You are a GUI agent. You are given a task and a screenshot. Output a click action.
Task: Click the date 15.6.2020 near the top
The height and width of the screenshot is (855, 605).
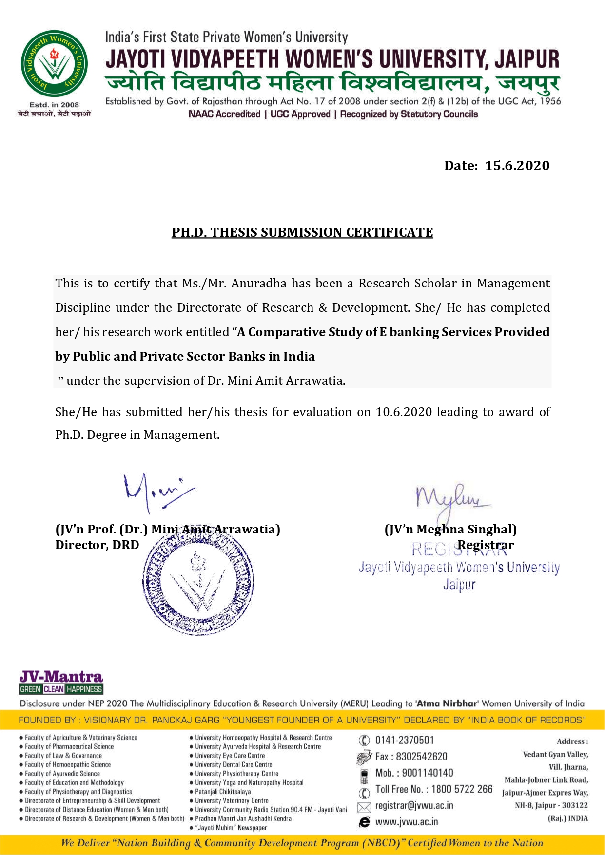(x=517, y=166)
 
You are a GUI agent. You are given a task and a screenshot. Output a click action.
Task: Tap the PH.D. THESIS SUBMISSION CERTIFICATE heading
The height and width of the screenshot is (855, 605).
(x=302, y=232)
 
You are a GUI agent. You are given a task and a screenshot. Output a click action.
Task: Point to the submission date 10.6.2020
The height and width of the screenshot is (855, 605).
(x=404, y=412)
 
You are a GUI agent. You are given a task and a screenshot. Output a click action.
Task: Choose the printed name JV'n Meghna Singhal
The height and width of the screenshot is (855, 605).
(x=450, y=530)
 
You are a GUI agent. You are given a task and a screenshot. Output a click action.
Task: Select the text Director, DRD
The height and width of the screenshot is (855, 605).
(x=97, y=545)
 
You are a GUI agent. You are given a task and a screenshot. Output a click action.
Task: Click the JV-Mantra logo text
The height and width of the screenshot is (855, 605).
(x=61, y=677)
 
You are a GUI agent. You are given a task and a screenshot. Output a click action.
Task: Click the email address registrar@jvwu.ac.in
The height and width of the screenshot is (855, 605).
(x=414, y=806)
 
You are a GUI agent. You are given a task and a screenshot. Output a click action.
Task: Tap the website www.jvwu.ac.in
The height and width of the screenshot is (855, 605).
(x=406, y=822)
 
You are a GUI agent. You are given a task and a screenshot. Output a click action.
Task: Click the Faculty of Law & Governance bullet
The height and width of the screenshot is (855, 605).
(x=63, y=756)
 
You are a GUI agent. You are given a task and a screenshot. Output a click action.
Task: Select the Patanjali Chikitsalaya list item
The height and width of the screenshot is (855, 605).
(x=223, y=792)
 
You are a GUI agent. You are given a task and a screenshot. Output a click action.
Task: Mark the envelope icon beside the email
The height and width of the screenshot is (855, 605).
(x=364, y=807)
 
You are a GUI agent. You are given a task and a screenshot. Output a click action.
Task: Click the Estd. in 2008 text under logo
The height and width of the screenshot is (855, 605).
(x=54, y=105)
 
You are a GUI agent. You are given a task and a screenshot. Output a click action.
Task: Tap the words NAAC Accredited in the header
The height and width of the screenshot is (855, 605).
(x=225, y=114)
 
